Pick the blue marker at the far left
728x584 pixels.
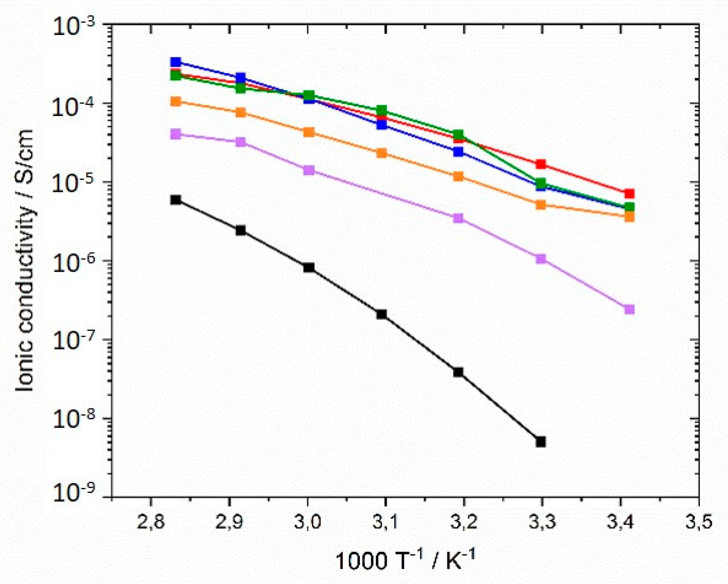click(175, 62)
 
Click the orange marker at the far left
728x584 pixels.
click(175, 101)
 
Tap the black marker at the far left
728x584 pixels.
click(175, 200)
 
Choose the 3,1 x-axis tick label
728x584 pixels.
click(386, 522)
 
